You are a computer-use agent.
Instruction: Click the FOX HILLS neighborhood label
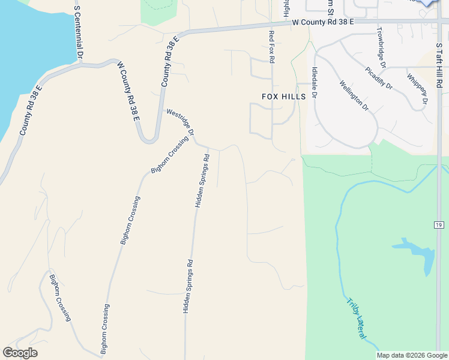tap(284, 97)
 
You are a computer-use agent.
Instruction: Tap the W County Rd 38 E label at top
tap(323, 22)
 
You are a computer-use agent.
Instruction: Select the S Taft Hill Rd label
tap(439, 67)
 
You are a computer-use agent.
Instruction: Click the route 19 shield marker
tap(439, 224)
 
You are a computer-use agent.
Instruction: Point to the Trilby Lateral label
tap(357, 318)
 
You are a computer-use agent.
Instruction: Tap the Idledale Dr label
tap(314, 82)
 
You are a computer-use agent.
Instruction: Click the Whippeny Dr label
tap(417, 88)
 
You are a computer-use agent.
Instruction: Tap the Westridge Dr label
tap(181, 120)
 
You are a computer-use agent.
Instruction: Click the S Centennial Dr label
tap(77, 32)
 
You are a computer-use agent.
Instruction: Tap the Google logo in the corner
tap(20, 353)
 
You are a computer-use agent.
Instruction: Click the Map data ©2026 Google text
tap(412, 355)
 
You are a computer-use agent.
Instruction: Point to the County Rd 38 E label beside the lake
tap(30, 110)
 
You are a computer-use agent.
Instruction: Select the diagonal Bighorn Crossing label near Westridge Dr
tap(170, 154)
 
